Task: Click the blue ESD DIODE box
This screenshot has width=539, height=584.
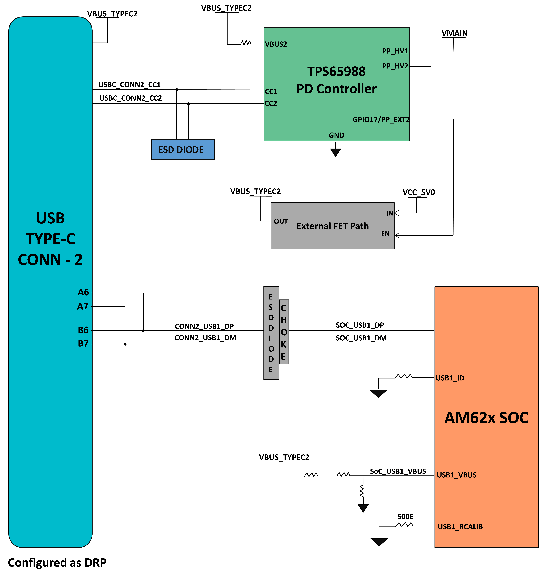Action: (x=183, y=150)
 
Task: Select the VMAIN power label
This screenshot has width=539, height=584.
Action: (x=454, y=33)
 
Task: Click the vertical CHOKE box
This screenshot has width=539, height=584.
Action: (x=284, y=332)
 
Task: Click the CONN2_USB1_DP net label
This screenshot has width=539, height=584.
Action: (x=204, y=326)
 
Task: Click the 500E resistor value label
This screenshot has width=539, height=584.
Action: (x=405, y=517)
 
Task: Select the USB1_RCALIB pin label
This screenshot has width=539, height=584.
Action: (x=460, y=527)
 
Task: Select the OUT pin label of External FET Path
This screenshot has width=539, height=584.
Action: (x=281, y=221)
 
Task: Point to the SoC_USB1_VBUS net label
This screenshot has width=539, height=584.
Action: (x=398, y=471)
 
